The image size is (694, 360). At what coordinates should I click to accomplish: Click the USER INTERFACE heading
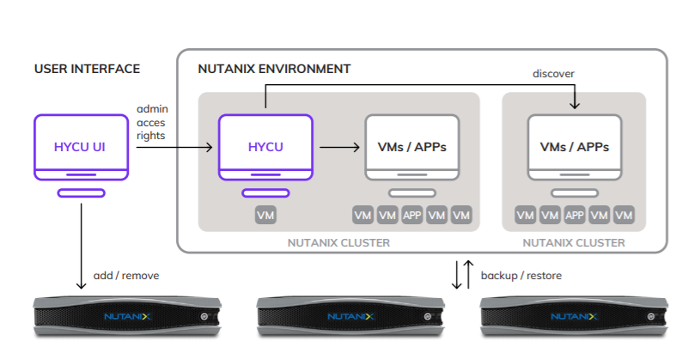click(x=87, y=69)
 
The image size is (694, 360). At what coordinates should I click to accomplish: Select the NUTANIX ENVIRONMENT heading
click(x=274, y=69)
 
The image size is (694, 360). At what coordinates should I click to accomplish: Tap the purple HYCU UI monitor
click(x=82, y=147)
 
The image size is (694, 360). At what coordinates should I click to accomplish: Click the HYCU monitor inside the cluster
click(x=265, y=147)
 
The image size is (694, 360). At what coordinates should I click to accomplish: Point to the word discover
click(x=553, y=74)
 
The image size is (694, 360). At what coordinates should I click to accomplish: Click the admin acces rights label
click(x=152, y=122)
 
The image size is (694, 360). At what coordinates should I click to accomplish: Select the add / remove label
click(x=126, y=276)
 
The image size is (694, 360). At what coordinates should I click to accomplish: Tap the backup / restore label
click(x=521, y=276)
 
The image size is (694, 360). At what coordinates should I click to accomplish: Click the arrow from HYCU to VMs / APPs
click(x=339, y=148)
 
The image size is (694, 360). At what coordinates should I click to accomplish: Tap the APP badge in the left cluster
click(x=412, y=215)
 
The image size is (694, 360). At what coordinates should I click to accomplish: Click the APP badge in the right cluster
click(x=575, y=215)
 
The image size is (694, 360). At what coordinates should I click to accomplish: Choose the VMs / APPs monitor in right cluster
click(x=575, y=147)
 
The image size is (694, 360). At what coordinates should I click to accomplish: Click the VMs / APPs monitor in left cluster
click(x=412, y=147)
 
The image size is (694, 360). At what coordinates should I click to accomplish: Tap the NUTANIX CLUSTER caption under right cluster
click(x=574, y=243)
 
